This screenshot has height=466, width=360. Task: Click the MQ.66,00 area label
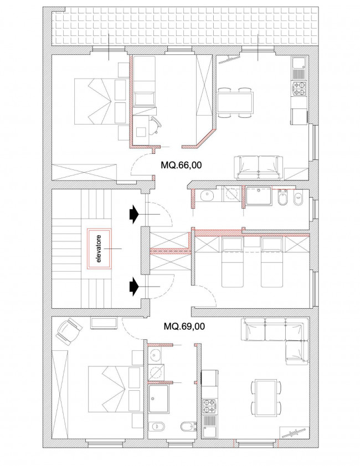pos(181,165)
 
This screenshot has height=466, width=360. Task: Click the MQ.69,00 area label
pos(184,327)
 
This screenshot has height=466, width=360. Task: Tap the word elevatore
pos(99,248)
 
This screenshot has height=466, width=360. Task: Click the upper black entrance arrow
pos(134,214)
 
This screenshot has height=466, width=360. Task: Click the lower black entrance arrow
pos(134,287)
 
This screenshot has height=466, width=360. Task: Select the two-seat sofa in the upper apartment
pos(258,168)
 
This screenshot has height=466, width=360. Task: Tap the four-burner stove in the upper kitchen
pos(299,89)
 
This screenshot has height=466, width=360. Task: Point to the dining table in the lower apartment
pos(266,397)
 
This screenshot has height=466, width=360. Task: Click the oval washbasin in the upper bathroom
pos(207,196)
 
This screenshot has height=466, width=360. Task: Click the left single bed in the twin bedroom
pos(232,262)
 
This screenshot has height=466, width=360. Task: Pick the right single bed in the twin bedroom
pos(271,262)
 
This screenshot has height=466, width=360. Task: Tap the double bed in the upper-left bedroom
pos(100,101)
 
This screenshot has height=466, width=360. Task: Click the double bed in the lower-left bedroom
pos(114,389)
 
